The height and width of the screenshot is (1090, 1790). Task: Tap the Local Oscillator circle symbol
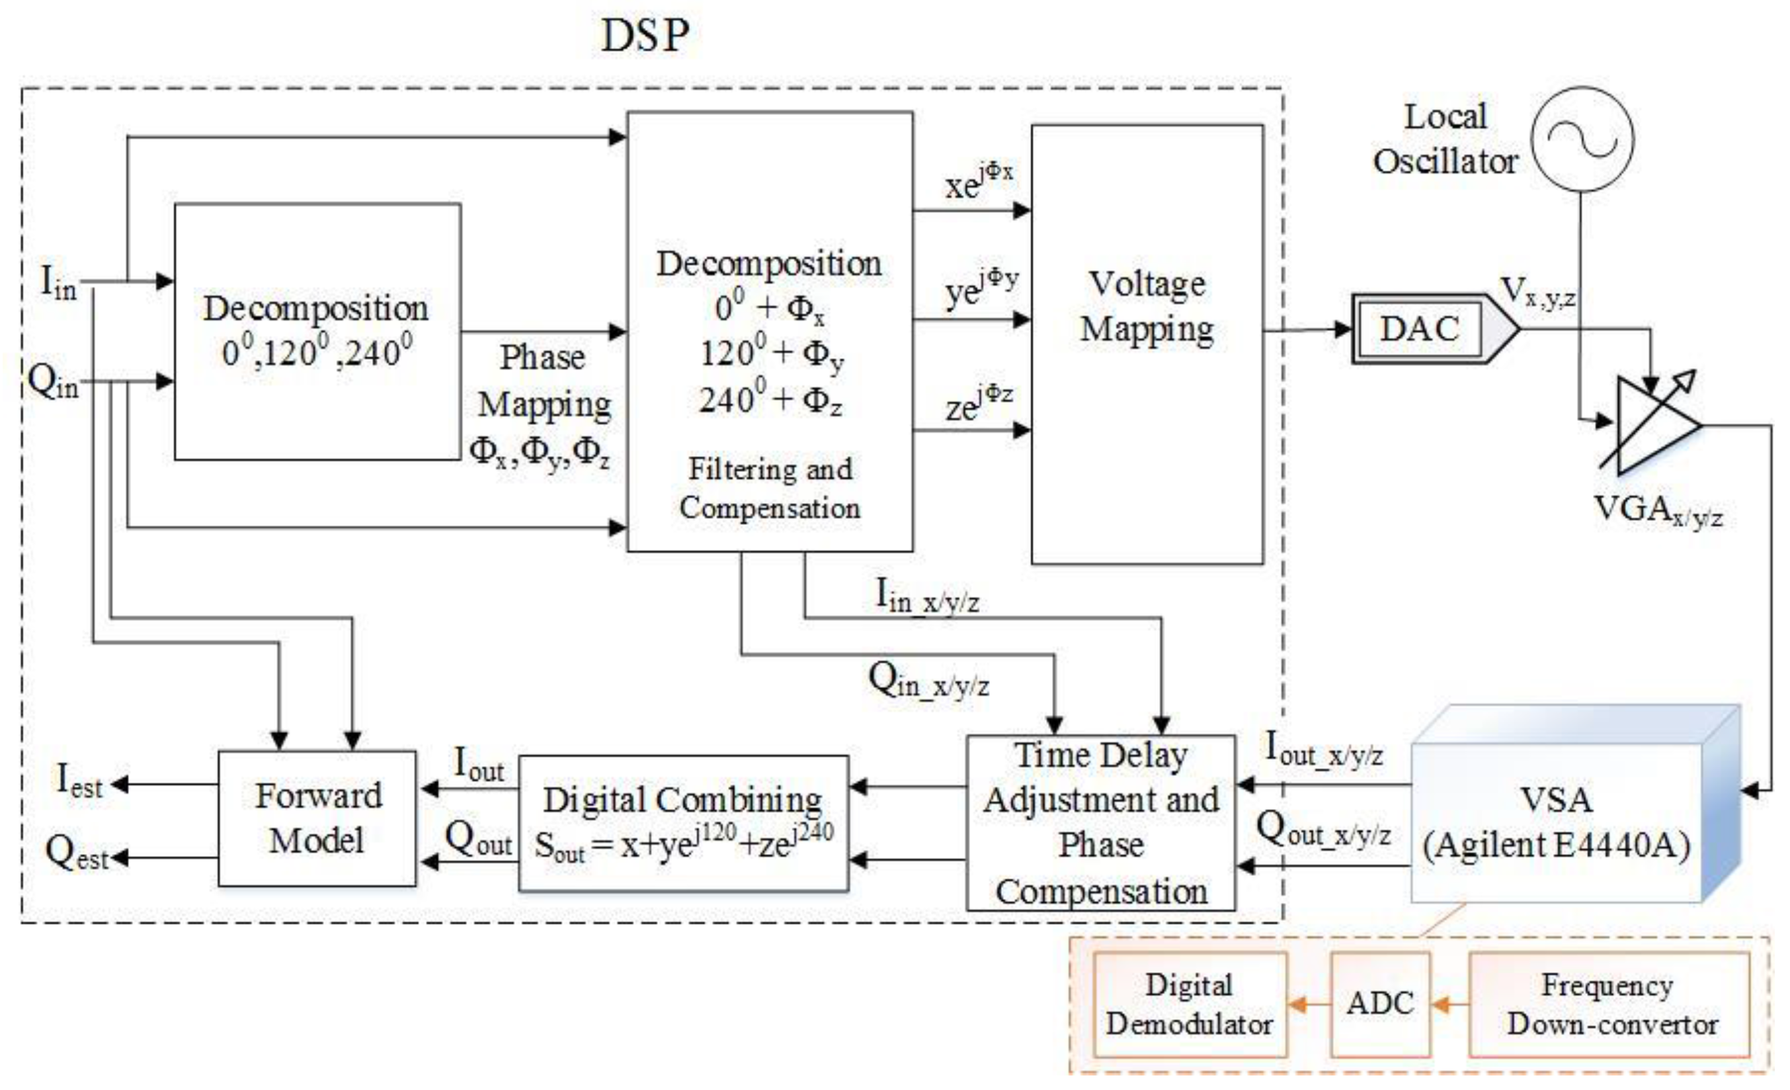[x=1582, y=139]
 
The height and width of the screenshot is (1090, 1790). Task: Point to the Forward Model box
[x=317, y=818]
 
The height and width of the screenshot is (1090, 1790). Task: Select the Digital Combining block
[x=684, y=824]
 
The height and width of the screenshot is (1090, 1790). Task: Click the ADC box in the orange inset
[x=1379, y=1004]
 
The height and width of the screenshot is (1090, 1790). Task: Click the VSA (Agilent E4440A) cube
[x=1556, y=820]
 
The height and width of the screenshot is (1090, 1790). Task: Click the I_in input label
[x=58, y=283]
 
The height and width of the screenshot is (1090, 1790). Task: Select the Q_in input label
[x=53, y=381]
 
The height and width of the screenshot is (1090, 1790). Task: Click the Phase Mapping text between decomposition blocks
[x=544, y=381]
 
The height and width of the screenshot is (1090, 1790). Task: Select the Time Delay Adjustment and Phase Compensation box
[x=1100, y=823]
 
